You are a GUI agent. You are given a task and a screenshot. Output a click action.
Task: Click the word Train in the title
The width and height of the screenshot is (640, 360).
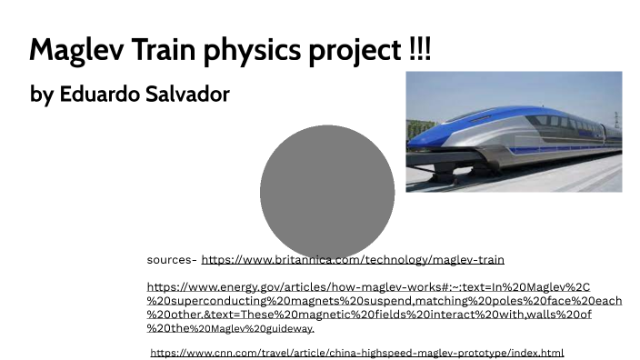[145, 49]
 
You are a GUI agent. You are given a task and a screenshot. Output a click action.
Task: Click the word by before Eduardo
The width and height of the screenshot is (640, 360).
[42, 95]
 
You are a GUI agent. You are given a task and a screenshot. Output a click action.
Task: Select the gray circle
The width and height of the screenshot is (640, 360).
[326, 193]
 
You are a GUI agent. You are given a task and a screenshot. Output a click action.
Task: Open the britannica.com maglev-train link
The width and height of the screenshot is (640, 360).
[353, 260]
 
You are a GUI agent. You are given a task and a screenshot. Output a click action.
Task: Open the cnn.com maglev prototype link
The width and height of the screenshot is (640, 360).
[357, 353]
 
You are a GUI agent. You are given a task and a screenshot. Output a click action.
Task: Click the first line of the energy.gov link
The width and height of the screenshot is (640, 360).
[368, 287]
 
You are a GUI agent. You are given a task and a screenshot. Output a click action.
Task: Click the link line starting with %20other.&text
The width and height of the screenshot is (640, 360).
[369, 315]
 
